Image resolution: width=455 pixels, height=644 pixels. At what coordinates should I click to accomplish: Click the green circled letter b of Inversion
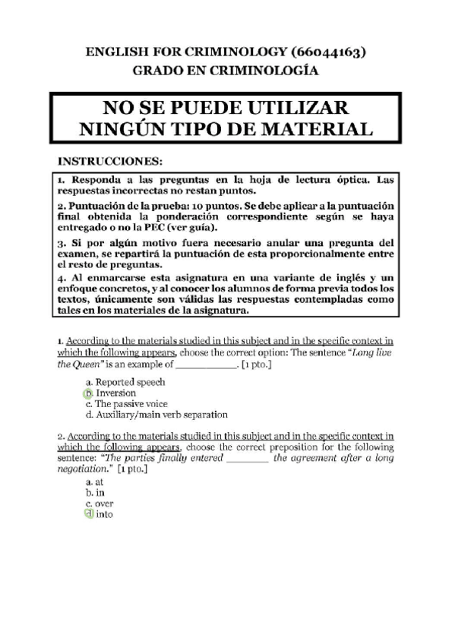click(88, 393)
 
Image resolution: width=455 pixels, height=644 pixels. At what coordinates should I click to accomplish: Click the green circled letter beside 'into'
click(88, 514)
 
